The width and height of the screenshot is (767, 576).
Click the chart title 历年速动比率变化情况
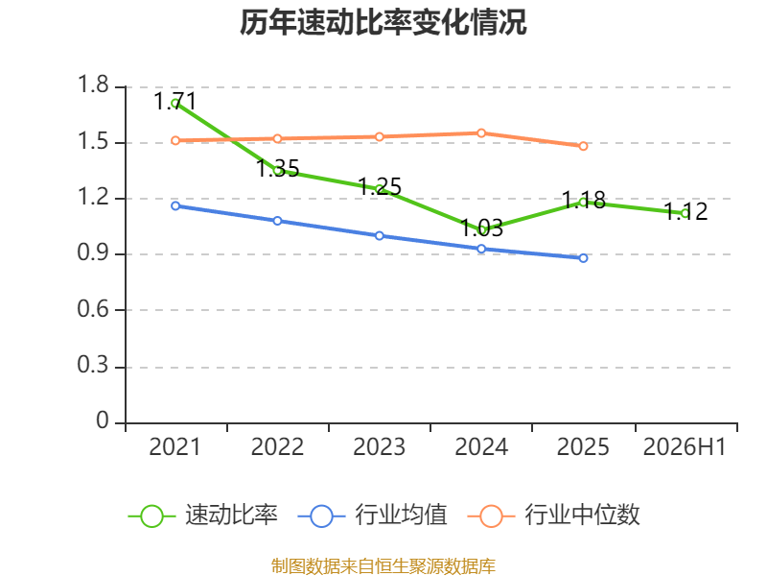coord(383,22)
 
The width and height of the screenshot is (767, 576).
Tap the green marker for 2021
coord(175,104)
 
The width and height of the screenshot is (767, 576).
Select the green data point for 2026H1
coord(685,213)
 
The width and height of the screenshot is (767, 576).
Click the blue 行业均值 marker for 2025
coord(583,258)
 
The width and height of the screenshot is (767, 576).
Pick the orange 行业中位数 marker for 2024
coord(481,133)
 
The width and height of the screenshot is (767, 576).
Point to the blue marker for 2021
coord(175,205)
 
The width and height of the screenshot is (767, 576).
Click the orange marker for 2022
coord(277,138)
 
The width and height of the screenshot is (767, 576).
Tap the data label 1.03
coord(482,228)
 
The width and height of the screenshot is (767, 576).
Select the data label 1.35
coord(278,169)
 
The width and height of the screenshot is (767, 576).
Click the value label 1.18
coord(584,200)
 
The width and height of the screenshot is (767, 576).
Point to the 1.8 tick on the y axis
coord(93,84)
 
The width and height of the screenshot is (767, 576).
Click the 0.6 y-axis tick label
coord(93,309)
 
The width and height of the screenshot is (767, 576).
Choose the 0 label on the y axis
coord(103,420)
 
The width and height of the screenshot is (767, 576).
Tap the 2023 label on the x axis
coord(379,446)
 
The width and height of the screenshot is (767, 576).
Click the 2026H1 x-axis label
coord(685,446)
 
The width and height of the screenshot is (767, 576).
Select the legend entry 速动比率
coord(203,516)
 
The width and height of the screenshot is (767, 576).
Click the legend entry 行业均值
coord(372,516)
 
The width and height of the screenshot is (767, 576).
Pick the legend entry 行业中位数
coord(553,516)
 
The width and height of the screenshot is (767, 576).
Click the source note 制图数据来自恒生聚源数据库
coord(383,565)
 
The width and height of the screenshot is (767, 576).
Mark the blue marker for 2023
coord(379,235)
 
